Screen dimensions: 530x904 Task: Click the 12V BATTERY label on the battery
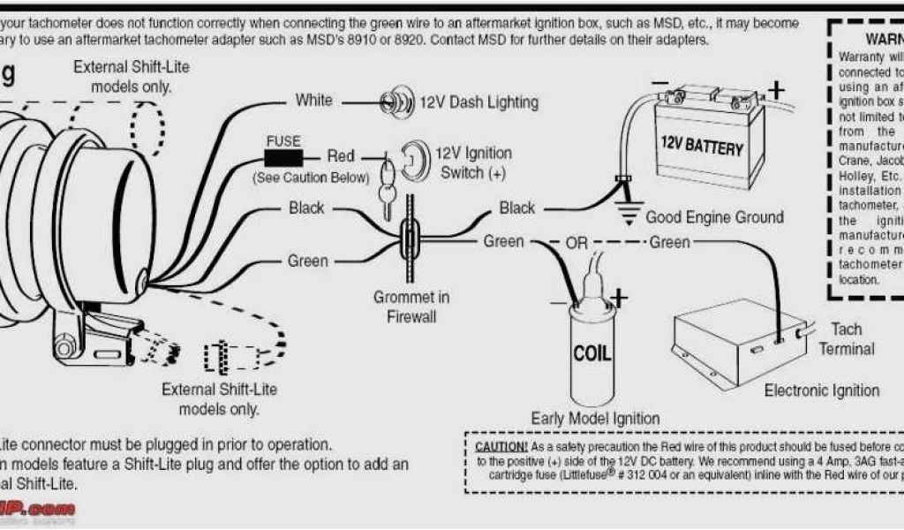pyautogui.click(x=702, y=146)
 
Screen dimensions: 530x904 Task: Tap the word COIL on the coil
pyautogui.click(x=591, y=353)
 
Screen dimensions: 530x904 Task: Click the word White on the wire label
pyautogui.click(x=314, y=100)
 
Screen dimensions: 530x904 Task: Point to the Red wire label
pyautogui.click(x=341, y=156)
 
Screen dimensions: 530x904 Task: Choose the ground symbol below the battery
pyautogui.click(x=628, y=210)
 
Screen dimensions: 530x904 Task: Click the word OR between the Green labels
pyautogui.click(x=576, y=242)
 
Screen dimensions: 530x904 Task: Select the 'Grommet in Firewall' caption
pyautogui.click(x=411, y=307)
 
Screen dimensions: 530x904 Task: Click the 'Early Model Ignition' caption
pyautogui.click(x=595, y=418)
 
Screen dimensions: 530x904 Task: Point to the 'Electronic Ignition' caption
pyautogui.click(x=821, y=390)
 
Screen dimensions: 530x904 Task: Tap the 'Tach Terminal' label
pyautogui.click(x=846, y=338)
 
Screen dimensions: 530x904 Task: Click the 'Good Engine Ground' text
pyautogui.click(x=714, y=217)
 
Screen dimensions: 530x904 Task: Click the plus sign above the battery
pyautogui.click(x=775, y=89)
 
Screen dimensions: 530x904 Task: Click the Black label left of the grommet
pyautogui.click(x=306, y=208)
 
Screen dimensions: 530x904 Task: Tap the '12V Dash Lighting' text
pyautogui.click(x=478, y=102)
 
